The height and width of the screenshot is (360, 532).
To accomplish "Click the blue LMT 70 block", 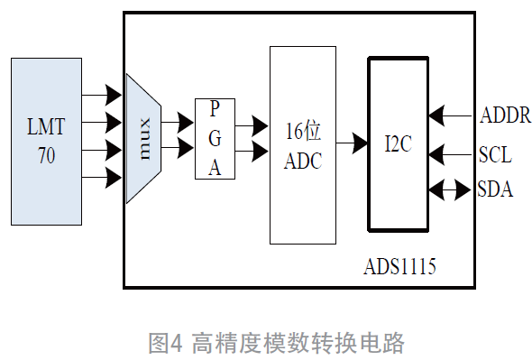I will [46, 142].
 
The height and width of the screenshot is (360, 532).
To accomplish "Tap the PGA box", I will [215, 139].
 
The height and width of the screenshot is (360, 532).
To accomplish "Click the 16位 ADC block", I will [302, 145].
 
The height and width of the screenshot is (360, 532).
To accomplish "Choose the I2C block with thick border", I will [398, 144].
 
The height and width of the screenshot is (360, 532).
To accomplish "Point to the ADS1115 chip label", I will [406, 268].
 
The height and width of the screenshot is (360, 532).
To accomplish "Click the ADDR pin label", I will [506, 115].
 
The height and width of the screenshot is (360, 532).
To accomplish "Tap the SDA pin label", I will [497, 190].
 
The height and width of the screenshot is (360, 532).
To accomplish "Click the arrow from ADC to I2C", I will [352, 143].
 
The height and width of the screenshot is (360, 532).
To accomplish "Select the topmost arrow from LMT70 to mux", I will [101, 94].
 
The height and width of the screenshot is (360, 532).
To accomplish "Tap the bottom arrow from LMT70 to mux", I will [101, 177].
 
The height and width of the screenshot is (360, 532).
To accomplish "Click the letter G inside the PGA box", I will [215, 139].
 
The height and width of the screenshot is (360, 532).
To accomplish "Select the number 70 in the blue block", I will [46, 156].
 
